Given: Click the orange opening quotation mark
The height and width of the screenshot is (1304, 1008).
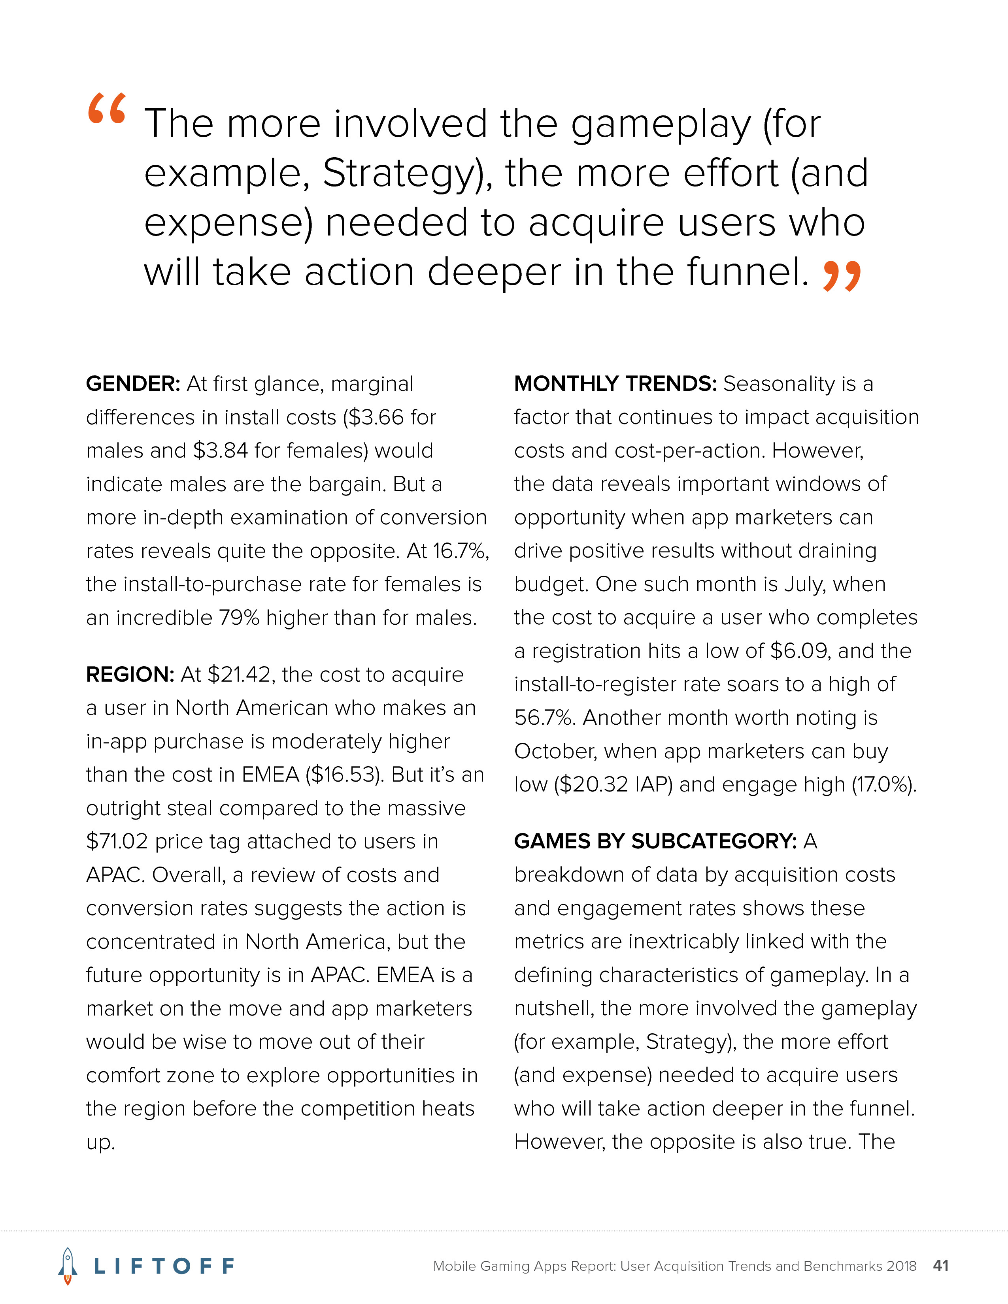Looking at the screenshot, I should (x=107, y=108).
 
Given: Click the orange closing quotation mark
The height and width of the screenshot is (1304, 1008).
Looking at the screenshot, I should (x=842, y=276).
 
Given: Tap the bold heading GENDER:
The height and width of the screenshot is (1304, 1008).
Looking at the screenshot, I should (x=132, y=384).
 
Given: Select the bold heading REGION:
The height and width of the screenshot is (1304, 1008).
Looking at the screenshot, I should (x=130, y=674).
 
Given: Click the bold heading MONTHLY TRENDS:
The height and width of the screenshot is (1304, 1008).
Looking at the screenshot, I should (x=615, y=384).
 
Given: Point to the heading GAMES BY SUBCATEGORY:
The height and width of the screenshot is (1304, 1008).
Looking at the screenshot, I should (x=655, y=841).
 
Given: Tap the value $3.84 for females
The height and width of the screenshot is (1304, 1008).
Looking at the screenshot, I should (x=220, y=451).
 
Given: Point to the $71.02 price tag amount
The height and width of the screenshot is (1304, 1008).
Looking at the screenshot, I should (x=117, y=842).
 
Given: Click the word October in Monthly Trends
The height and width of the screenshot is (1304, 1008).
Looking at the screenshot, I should (x=555, y=751).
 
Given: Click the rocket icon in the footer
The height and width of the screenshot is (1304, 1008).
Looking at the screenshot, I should (x=68, y=1265).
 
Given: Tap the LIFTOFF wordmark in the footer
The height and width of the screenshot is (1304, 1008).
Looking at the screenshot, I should (x=164, y=1266).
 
